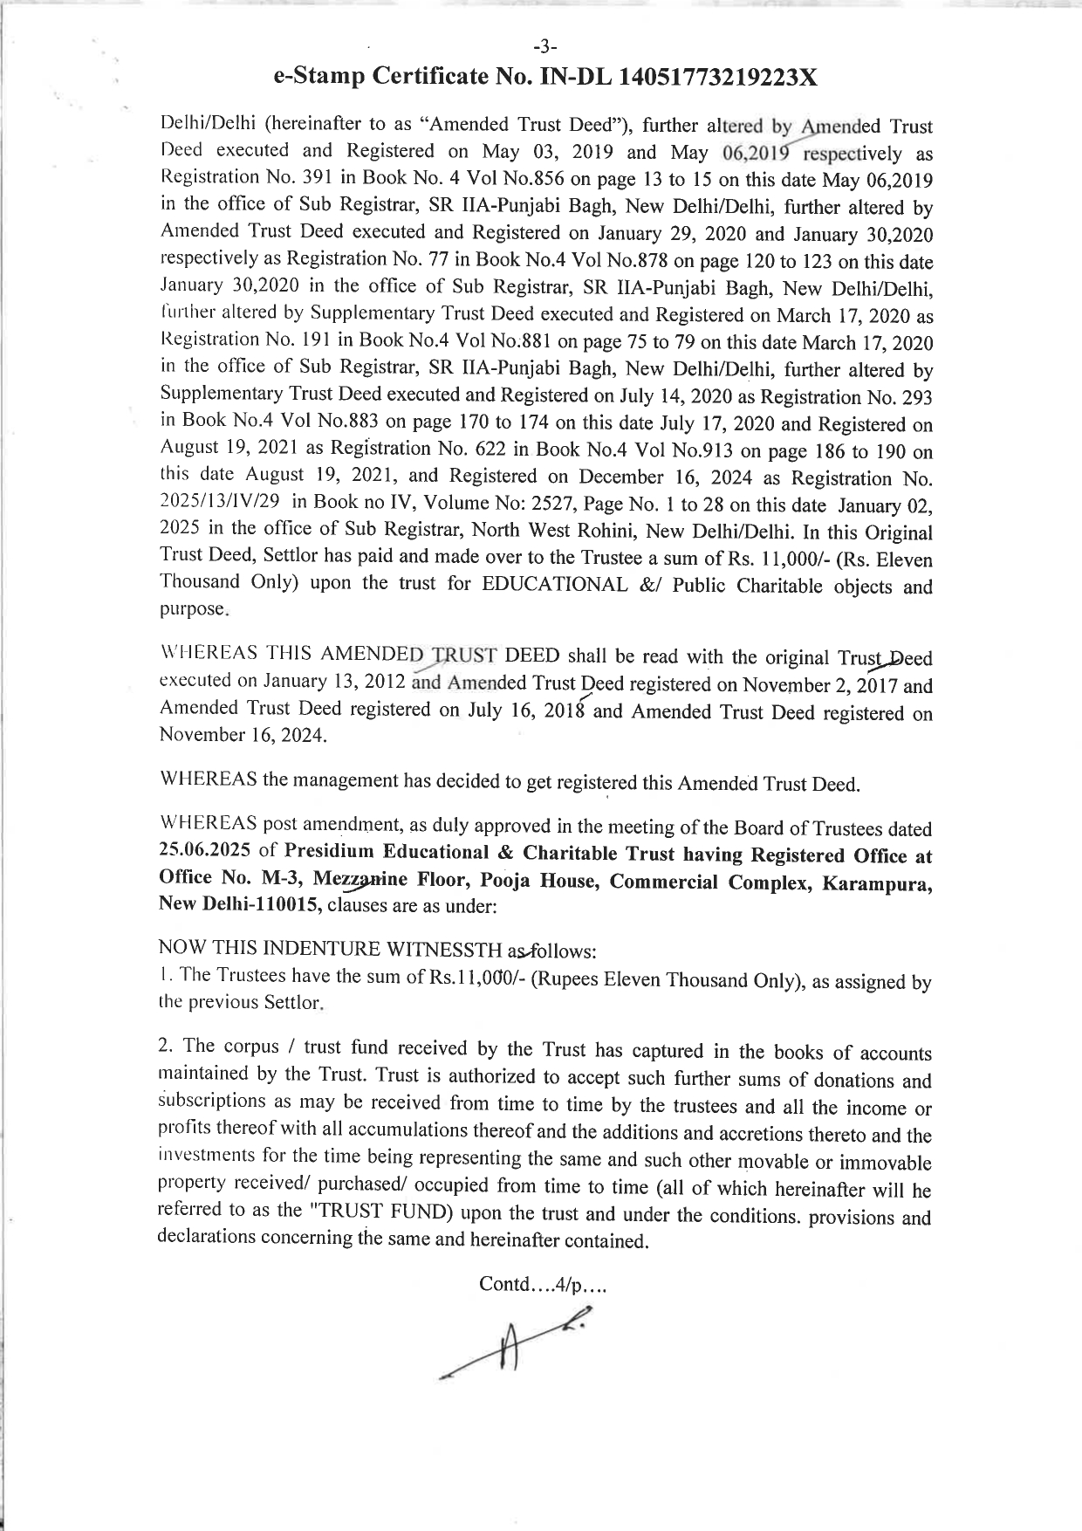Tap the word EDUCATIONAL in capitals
pyautogui.click(x=554, y=585)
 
